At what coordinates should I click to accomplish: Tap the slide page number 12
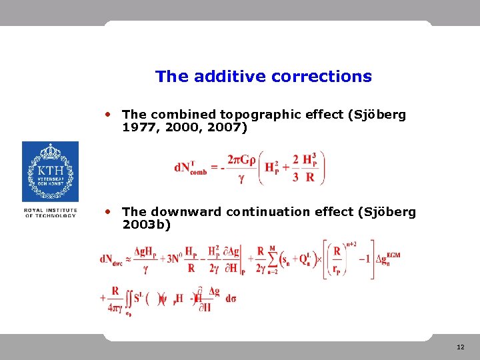(461, 347)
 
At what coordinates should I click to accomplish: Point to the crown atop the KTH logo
(50, 152)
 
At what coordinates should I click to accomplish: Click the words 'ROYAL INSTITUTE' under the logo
(50, 210)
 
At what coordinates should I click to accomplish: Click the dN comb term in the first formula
(191, 167)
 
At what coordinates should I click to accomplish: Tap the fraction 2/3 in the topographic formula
(295, 167)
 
